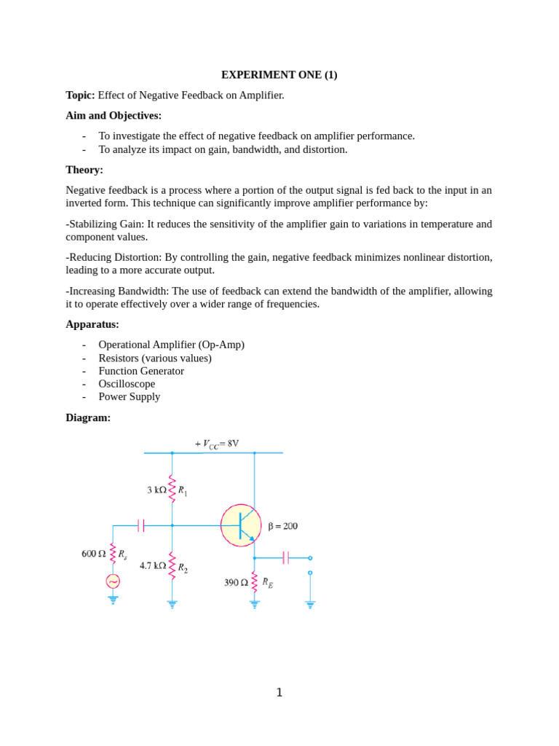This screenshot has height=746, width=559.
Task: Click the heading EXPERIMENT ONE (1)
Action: [x=279, y=75]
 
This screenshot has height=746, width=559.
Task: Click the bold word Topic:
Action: [x=80, y=95]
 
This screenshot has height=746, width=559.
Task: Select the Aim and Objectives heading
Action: [x=114, y=116]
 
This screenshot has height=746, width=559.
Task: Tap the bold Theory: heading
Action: [x=84, y=170]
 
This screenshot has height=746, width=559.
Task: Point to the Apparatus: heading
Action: [x=92, y=324]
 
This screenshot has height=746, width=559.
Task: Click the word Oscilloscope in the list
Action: [x=127, y=384]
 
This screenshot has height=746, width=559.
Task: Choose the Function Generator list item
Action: [x=141, y=371]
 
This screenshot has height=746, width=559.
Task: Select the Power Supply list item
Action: [x=130, y=397]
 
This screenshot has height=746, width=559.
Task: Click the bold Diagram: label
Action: [x=88, y=418]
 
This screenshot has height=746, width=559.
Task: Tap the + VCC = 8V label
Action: [x=217, y=444]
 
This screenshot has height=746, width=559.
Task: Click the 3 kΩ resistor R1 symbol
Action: [x=173, y=489]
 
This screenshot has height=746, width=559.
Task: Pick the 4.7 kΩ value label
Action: [x=152, y=565]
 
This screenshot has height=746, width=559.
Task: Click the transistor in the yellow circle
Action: [x=242, y=525]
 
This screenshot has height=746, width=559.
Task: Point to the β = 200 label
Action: [x=283, y=526]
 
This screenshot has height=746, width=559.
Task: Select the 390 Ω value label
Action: [x=236, y=583]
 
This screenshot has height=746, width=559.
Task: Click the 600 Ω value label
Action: [x=93, y=554]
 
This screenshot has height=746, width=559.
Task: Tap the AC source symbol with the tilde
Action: [x=113, y=581]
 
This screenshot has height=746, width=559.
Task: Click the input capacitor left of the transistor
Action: [x=141, y=525]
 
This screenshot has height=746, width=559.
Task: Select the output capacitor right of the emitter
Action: [x=285, y=558]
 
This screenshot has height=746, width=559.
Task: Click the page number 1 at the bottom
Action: [x=279, y=693]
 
